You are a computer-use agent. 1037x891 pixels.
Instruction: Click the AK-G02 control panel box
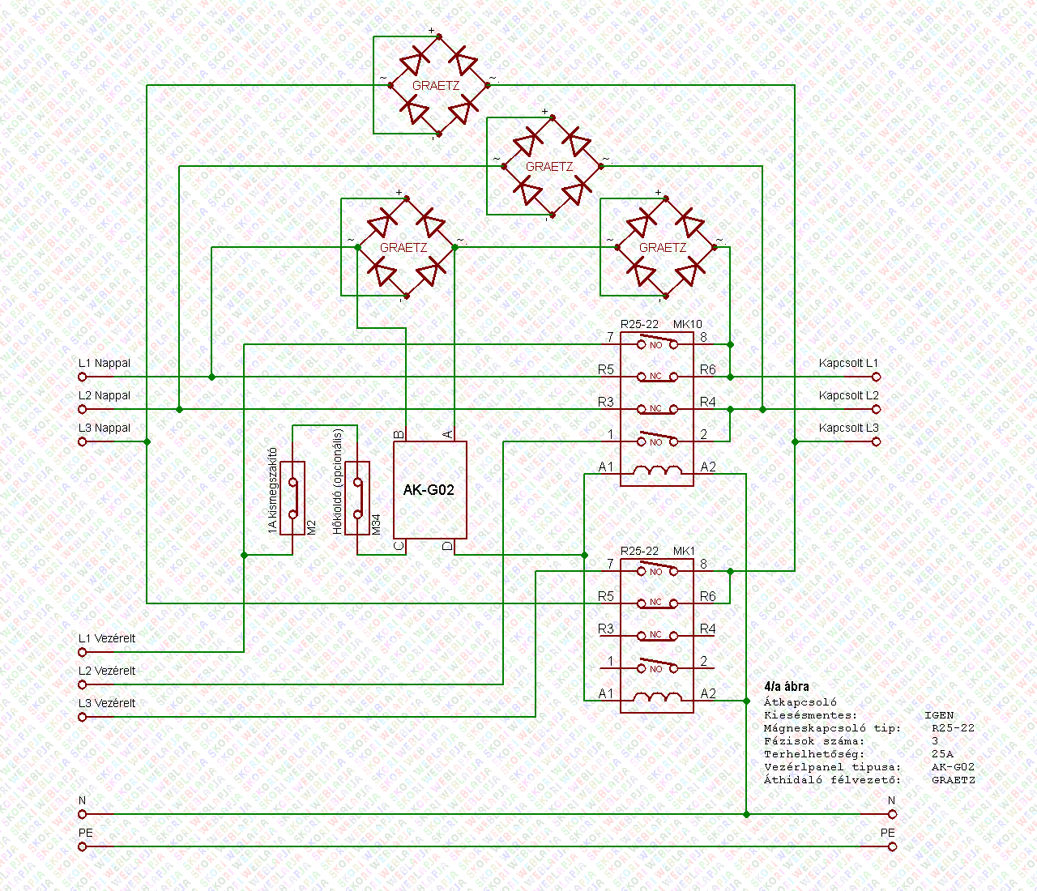tap(429, 490)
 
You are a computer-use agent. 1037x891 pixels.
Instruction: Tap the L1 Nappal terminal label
tap(105, 363)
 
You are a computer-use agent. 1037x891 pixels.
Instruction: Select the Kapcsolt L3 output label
tap(848, 428)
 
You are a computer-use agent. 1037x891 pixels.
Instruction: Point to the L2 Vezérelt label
tap(107, 671)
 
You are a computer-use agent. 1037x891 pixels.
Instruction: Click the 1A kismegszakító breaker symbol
tap(292, 498)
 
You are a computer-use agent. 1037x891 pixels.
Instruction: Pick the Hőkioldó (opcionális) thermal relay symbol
tap(357, 498)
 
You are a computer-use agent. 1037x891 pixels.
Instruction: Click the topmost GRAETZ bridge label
tap(436, 85)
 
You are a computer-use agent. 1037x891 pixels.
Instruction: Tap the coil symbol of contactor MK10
tap(656, 471)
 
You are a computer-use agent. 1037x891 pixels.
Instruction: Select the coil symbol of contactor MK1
tap(656, 697)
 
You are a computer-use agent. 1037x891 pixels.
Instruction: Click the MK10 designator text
tap(688, 324)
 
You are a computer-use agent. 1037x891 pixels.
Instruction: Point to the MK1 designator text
tap(685, 551)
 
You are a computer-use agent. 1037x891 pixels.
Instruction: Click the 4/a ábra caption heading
tap(786, 686)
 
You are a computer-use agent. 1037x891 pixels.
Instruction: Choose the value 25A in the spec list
tap(942, 754)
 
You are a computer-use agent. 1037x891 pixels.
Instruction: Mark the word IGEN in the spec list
tap(939, 715)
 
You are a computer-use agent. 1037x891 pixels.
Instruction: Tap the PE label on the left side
tap(86, 833)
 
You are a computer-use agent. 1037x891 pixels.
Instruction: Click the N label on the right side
tap(891, 800)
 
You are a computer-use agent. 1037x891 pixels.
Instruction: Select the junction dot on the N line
tap(746, 814)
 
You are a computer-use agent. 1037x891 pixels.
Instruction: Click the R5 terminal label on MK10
tap(606, 369)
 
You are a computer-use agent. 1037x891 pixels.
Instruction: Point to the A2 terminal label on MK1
tap(708, 693)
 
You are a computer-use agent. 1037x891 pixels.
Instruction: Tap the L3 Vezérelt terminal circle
tap(82, 717)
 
